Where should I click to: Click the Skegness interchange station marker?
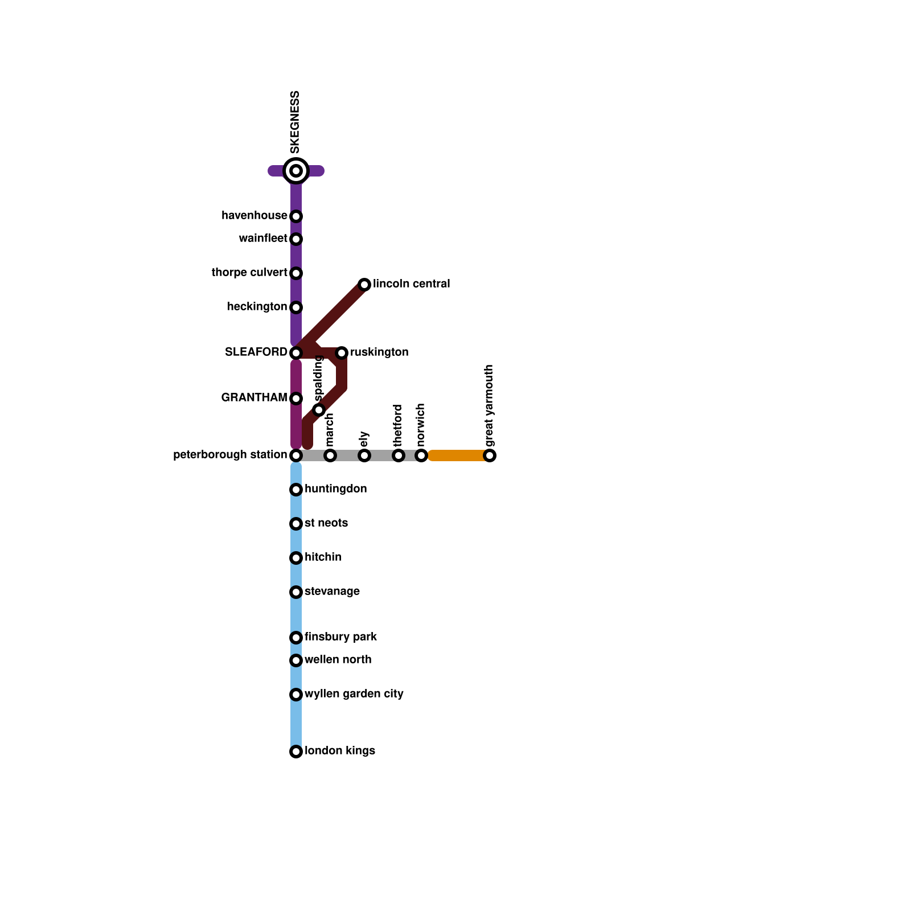(x=296, y=171)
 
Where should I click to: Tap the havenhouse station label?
(x=255, y=216)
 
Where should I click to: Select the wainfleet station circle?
(x=296, y=239)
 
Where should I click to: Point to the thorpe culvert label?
(x=249, y=273)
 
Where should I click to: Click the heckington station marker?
(x=296, y=307)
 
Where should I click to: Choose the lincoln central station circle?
(x=364, y=285)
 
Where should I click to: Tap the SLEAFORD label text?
(x=256, y=352)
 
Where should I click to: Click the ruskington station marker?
(x=342, y=353)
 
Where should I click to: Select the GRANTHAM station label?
(x=254, y=398)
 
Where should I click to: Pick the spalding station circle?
(x=319, y=410)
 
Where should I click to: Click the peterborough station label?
(x=230, y=455)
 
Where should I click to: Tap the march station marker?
(x=330, y=455)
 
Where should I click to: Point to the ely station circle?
(x=364, y=455)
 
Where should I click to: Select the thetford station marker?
(x=399, y=455)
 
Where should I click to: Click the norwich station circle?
(x=421, y=455)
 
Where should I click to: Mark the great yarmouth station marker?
(x=490, y=455)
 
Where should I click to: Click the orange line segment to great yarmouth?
(x=458, y=455)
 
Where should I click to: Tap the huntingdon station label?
(x=335, y=489)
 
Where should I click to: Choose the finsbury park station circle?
(x=296, y=638)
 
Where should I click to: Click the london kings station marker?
(x=296, y=752)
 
